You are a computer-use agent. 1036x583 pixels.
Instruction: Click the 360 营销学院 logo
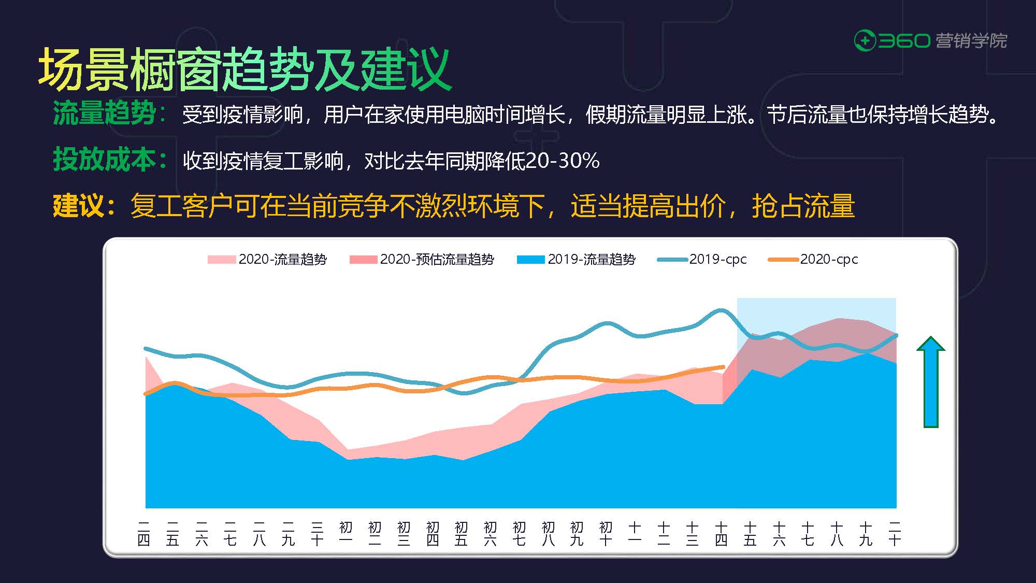[x=930, y=41]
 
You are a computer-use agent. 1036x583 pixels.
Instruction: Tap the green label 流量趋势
[x=104, y=113]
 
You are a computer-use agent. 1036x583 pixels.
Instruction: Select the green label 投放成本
[x=104, y=160]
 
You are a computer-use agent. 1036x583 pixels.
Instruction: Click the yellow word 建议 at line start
[x=78, y=206]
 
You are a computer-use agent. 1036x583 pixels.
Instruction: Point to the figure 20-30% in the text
[x=563, y=161]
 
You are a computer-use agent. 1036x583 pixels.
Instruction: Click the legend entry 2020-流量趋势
[x=267, y=259]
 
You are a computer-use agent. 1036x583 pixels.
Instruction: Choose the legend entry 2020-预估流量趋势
[x=422, y=259]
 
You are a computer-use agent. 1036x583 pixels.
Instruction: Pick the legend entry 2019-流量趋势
[x=576, y=259]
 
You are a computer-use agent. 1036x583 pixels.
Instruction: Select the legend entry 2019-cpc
[x=702, y=259]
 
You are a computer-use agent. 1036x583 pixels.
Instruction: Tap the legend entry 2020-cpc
[x=813, y=259]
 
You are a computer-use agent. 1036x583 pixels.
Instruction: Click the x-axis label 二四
[x=144, y=534]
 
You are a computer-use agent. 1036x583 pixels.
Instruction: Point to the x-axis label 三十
[x=317, y=534]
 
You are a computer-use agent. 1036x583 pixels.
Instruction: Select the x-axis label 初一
[x=346, y=534]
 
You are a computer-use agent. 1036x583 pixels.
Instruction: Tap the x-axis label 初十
[x=606, y=534]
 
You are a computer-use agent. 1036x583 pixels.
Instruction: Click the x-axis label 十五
[x=750, y=534]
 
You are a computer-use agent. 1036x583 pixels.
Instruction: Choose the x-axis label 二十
[x=895, y=534]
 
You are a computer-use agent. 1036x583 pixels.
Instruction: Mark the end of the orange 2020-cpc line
[x=723, y=367]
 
